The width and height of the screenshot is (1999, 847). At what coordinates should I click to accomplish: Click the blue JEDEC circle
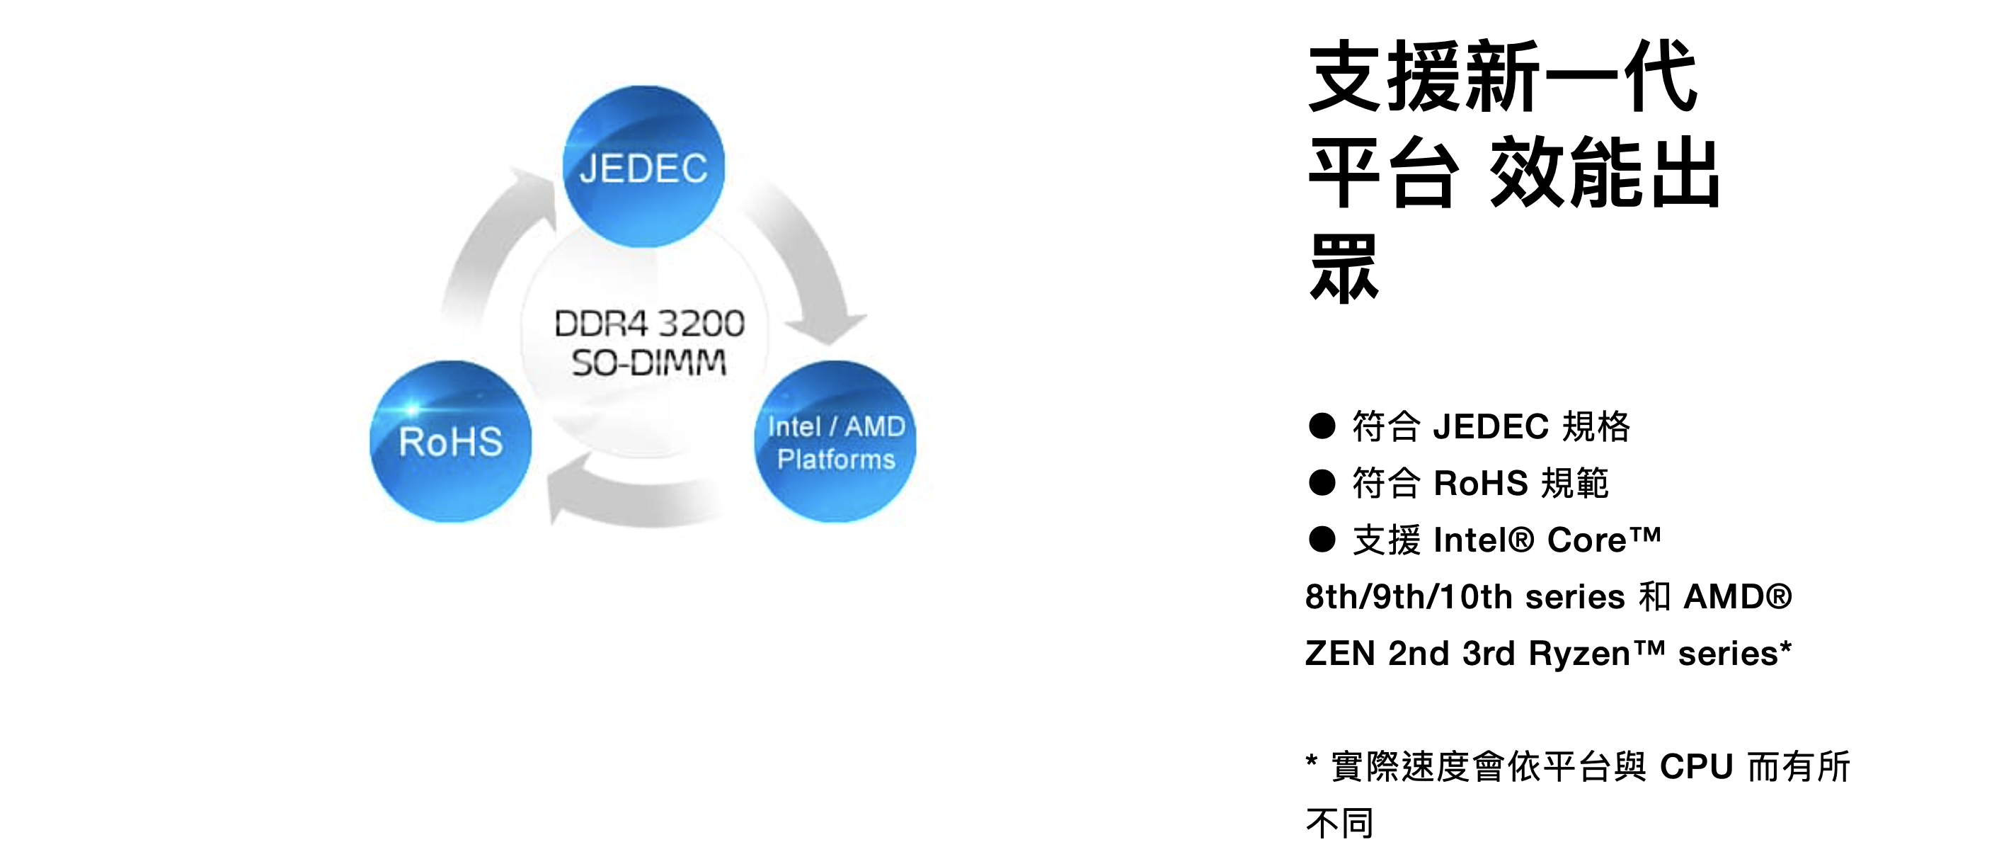(643, 167)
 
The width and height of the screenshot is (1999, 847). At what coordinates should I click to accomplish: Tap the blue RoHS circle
(451, 442)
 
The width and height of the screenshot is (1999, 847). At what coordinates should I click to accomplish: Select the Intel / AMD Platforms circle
(835, 442)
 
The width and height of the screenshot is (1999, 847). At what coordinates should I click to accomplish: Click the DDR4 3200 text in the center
(648, 324)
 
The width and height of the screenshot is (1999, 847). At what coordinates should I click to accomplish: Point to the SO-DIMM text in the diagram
(648, 363)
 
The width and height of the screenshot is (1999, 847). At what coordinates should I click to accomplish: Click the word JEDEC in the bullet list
(1491, 426)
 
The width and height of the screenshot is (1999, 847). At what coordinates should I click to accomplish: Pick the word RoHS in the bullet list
(1481, 483)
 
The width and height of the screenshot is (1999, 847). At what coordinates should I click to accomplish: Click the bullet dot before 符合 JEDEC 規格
(1322, 426)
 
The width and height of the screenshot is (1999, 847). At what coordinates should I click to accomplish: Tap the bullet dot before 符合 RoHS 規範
(1322, 483)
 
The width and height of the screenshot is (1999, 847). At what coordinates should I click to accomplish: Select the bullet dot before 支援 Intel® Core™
(1322, 540)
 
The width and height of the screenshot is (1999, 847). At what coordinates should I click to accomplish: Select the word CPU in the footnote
(1696, 767)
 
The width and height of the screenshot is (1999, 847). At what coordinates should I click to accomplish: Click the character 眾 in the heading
(1344, 268)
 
